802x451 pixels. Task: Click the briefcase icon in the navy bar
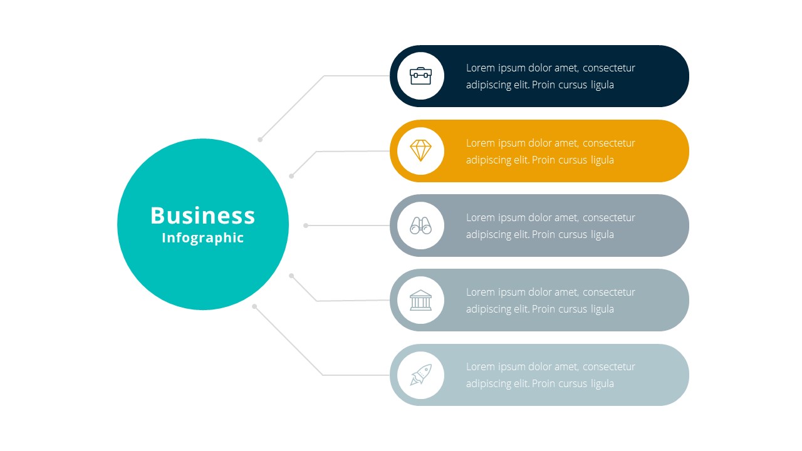(420, 76)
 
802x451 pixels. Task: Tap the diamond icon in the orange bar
(420, 151)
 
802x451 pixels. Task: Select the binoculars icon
(420, 225)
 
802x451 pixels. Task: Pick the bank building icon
(420, 300)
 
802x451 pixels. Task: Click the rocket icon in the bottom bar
(420, 375)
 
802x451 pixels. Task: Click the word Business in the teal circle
(202, 215)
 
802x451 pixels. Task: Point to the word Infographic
(202, 238)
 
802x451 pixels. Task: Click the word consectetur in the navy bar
(608, 68)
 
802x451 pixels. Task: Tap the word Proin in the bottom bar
(543, 384)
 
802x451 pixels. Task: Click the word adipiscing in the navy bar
(488, 85)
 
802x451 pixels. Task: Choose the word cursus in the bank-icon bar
(573, 309)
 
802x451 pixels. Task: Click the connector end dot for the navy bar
(260, 140)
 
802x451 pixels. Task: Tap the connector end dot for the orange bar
(291, 176)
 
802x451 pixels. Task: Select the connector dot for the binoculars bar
(306, 225)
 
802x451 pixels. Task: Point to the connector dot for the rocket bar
(254, 306)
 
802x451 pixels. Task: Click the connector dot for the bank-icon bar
(291, 276)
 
